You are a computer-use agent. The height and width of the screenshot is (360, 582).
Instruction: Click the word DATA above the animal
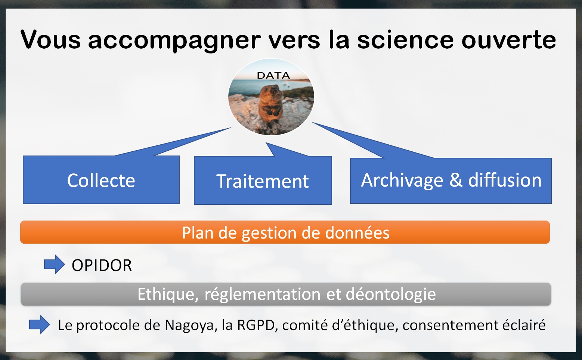273,76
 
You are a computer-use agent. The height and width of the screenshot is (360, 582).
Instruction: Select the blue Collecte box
101,179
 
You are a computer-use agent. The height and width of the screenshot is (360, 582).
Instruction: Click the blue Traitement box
263,180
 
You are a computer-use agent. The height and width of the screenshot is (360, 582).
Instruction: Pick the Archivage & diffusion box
451,181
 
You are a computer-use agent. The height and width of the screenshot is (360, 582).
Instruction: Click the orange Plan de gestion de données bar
285,232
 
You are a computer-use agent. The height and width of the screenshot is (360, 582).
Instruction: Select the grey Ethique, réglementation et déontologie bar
286,294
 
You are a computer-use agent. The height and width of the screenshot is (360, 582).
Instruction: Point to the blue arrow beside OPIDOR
54,264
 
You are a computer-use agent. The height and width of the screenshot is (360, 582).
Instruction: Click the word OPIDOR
102,265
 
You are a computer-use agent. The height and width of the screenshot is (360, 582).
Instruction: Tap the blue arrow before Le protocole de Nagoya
40,324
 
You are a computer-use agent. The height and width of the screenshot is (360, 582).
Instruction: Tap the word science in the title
405,40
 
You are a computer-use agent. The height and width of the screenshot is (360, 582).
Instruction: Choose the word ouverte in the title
509,40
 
